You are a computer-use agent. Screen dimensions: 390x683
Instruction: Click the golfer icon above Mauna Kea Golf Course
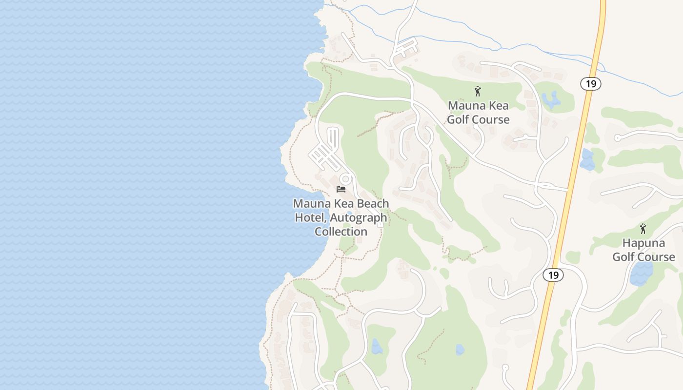tap(478, 91)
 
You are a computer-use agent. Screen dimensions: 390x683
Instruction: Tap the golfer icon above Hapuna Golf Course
tap(643, 228)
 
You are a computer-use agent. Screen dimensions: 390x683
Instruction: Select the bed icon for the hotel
tap(341, 189)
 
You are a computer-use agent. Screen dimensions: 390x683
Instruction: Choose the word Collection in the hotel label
tap(341, 232)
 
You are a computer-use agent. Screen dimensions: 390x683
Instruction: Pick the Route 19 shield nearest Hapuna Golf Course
tap(553, 275)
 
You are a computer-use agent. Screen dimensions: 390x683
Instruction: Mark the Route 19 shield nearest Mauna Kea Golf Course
tap(591, 83)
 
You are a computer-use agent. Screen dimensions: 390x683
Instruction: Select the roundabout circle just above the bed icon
tap(346, 179)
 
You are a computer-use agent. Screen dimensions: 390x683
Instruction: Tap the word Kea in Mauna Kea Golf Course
tap(497, 105)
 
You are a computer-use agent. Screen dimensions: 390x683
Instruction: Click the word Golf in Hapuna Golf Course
tap(624, 257)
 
